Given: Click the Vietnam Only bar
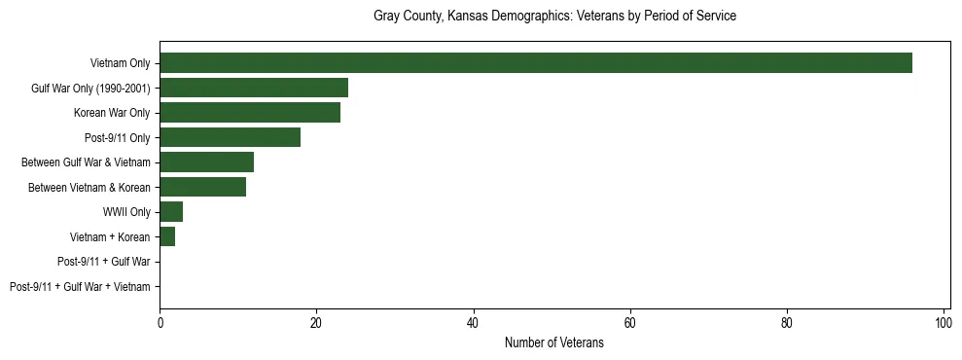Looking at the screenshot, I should coord(536,63).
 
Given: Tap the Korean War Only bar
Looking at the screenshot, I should coord(250,113).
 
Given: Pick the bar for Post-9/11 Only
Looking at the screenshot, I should coord(231,137).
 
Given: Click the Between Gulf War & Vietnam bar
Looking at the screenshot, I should coord(207,162).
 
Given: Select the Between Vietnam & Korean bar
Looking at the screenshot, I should coord(203,187).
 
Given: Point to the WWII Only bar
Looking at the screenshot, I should coord(171,212).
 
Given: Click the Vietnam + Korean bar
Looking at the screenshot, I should coord(167,236).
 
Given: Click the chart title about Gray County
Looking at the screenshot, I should coord(554,17).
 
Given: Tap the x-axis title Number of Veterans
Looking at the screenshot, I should coord(554,343).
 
